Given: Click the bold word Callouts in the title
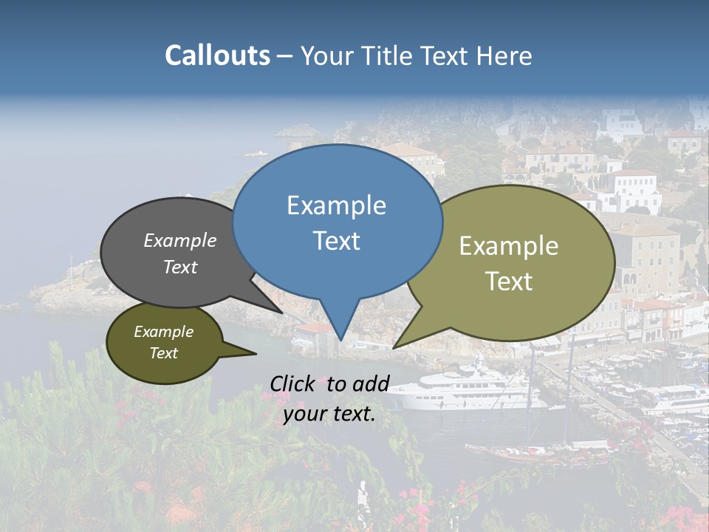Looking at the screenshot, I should [x=217, y=55].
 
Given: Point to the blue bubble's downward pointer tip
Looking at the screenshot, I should [x=340, y=339].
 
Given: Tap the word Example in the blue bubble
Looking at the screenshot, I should [x=336, y=205].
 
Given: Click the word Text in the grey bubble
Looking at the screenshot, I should [x=180, y=267].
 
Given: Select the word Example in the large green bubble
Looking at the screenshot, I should [x=509, y=246].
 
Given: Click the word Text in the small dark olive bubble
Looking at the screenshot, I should [x=164, y=353].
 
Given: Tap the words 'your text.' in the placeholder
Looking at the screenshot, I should [x=329, y=415].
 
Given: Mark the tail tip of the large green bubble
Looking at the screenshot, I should [x=394, y=347].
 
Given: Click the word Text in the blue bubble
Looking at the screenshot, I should [x=336, y=241].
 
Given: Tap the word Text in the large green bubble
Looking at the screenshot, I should [x=509, y=282].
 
